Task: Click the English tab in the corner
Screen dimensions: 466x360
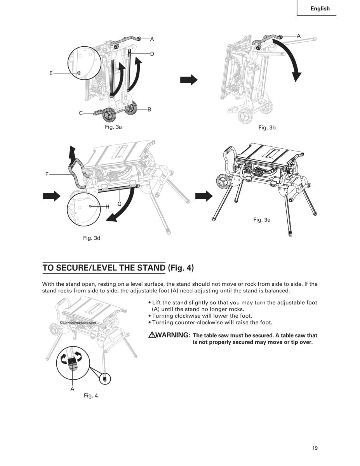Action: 320,9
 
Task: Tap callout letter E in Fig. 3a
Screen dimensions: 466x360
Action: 50,73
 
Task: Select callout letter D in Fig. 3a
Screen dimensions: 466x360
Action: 152,54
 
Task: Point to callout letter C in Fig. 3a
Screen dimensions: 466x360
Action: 81,113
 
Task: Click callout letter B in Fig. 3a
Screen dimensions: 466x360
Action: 149,110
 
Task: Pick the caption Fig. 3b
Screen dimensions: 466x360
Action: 267,127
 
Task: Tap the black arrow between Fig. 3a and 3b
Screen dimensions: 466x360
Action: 189,80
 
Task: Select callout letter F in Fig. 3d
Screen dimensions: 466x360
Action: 47,174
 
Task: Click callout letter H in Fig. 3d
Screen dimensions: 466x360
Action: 108,207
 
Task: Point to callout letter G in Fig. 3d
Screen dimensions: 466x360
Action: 119,204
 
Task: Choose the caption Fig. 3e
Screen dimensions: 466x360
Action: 262,220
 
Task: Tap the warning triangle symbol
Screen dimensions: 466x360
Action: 151,335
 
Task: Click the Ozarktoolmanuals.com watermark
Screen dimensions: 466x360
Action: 78,322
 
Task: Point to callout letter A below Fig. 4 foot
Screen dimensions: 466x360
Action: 72,388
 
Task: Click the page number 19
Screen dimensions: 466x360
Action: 315,448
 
